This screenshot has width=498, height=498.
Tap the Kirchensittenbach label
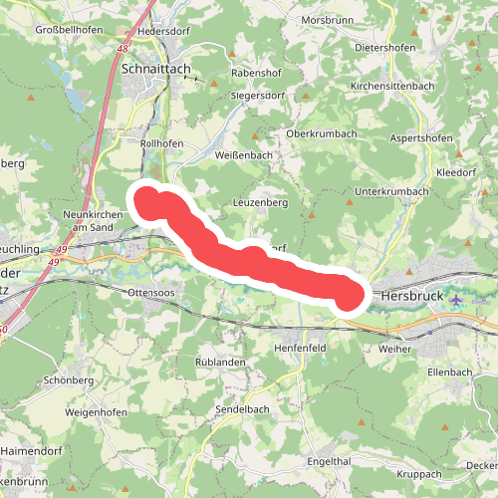390,87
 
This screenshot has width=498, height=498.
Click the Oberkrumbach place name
321,133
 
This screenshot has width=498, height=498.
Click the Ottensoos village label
152,292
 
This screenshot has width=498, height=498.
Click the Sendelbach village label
244,409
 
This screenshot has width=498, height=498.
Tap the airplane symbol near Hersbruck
456,300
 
